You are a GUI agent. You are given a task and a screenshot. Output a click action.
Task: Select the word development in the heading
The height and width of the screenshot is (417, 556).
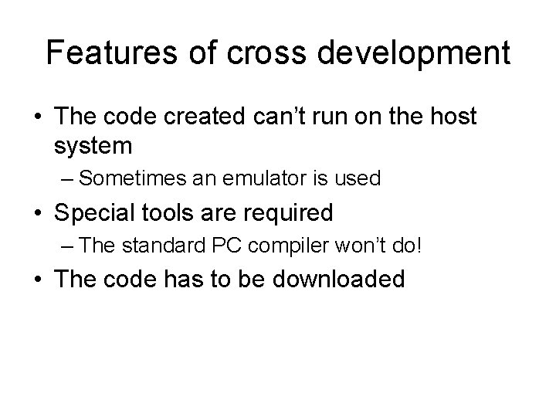click(x=412, y=54)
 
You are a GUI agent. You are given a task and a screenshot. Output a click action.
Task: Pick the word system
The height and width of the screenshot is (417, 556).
click(x=94, y=145)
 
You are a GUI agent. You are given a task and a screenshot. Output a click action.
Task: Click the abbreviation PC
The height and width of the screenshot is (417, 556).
click(x=216, y=246)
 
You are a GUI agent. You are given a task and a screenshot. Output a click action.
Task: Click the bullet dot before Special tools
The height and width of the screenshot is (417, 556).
click(x=39, y=212)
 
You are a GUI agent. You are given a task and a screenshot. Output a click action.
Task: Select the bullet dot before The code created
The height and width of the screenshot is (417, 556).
click(x=39, y=118)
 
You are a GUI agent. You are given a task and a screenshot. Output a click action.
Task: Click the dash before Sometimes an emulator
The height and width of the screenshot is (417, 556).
click(x=68, y=180)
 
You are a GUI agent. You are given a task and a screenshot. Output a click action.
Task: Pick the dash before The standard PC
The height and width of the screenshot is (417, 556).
click(x=68, y=246)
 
